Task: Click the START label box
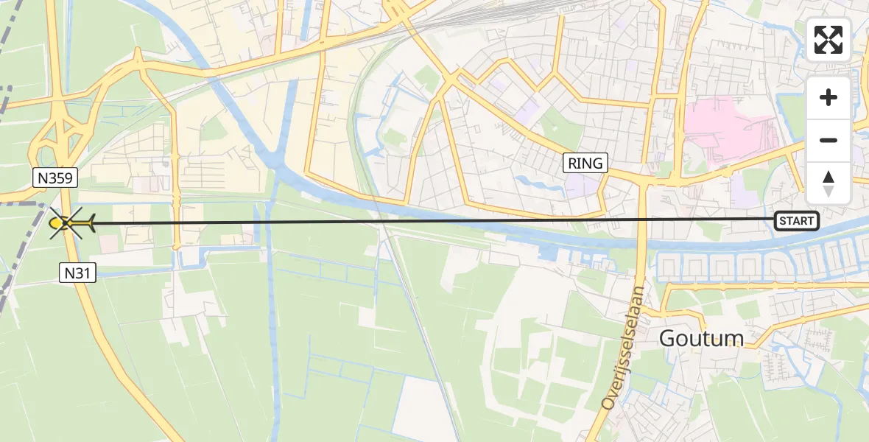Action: [796, 220]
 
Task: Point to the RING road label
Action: [585, 163]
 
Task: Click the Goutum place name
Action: [701, 338]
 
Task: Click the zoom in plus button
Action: [828, 97]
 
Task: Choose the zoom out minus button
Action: [828, 140]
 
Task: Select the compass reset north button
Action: [828, 183]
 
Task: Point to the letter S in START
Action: [782, 220]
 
